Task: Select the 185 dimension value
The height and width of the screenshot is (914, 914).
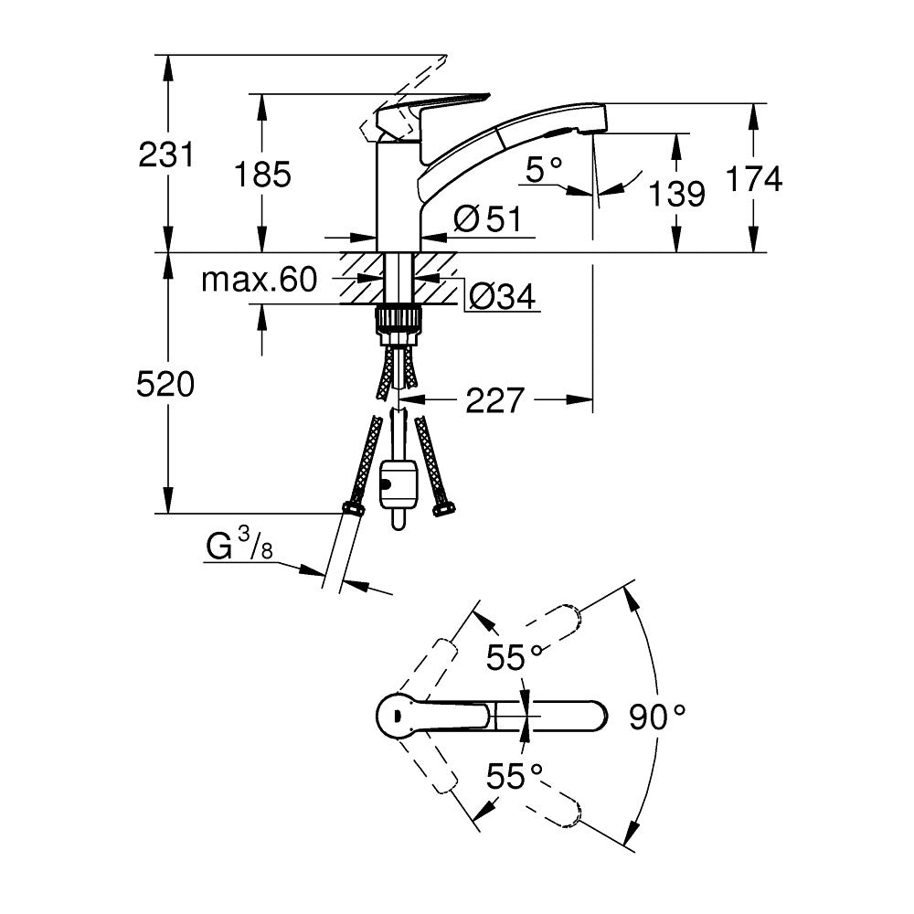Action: [x=262, y=174]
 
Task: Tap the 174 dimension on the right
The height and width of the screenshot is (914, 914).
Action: [x=754, y=179]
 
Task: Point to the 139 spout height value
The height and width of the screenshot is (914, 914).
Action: [x=676, y=193]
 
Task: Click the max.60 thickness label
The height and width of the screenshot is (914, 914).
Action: [x=259, y=280]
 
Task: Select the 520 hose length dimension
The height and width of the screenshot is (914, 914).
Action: [x=165, y=386]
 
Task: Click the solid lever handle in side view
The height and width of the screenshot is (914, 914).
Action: [x=430, y=109]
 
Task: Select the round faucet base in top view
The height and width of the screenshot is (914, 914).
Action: [x=399, y=714]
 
